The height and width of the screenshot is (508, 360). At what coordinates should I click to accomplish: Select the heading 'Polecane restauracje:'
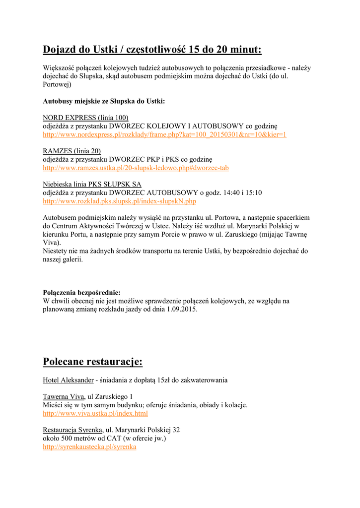coord(93,361)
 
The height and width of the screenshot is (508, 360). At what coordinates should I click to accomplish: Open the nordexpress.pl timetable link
coord(164,134)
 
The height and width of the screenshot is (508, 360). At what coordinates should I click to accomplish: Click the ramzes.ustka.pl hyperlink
coord(136,168)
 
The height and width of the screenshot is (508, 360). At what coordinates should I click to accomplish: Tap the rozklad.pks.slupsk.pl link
coord(119,201)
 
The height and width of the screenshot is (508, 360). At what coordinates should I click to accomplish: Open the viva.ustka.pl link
coord(95,413)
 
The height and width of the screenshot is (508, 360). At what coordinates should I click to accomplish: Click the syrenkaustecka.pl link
coord(89,446)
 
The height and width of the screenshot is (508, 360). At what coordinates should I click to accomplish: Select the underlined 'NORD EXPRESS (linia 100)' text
coord(85,118)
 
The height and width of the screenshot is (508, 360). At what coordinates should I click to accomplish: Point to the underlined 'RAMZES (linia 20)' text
coord(72,151)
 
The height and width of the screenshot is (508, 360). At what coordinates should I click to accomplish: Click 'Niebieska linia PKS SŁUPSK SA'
coord(92,184)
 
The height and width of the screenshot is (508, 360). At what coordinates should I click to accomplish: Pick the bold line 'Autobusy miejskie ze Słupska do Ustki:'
coord(104,101)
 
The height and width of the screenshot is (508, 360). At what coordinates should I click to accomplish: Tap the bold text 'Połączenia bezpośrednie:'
coord(81,292)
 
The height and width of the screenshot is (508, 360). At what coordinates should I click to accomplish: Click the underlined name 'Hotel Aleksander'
coord(68,380)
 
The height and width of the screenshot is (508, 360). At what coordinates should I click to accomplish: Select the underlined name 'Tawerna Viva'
coord(64,396)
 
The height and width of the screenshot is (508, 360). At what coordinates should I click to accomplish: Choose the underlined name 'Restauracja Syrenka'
coord(72,430)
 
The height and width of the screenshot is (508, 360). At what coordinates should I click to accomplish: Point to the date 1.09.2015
coord(179,309)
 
